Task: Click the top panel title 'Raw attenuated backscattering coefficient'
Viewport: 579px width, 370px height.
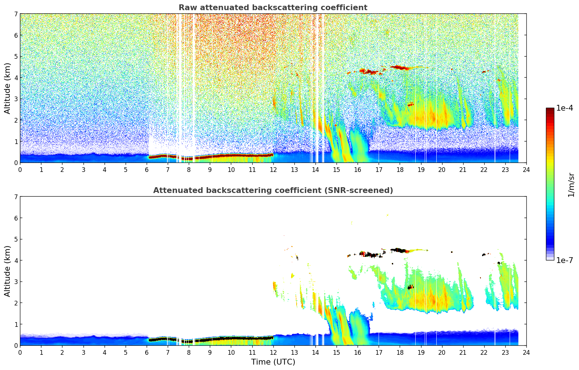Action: coord(273,8)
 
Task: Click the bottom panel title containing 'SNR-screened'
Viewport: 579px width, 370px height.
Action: coord(273,190)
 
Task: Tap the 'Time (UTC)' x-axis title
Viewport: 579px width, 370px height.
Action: coord(273,362)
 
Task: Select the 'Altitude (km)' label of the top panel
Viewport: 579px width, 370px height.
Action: coord(8,88)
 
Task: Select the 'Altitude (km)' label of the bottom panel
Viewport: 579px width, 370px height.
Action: coord(8,271)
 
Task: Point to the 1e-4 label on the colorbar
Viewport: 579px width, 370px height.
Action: coord(564,108)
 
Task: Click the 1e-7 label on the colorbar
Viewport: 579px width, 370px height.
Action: coord(564,260)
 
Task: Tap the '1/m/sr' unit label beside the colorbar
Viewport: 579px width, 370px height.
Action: coord(571,185)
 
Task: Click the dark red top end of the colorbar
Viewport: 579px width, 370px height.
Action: coord(550,110)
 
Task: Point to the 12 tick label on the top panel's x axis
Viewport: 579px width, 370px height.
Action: coord(273,169)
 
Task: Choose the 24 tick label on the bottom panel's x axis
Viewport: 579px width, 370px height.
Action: coord(526,352)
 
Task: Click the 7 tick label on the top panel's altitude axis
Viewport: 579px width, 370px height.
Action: coord(16,14)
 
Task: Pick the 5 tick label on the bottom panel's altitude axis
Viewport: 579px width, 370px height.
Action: coord(16,239)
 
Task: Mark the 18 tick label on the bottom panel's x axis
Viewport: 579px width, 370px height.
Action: coord(400,352)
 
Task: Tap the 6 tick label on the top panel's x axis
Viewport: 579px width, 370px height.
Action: coord(147,169)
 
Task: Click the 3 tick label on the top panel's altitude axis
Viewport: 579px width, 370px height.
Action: coord(16,99)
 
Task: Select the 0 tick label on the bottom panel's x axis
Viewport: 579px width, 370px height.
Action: coord(20,352)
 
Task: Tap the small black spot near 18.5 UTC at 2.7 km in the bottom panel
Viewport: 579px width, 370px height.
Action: coord(411,287)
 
